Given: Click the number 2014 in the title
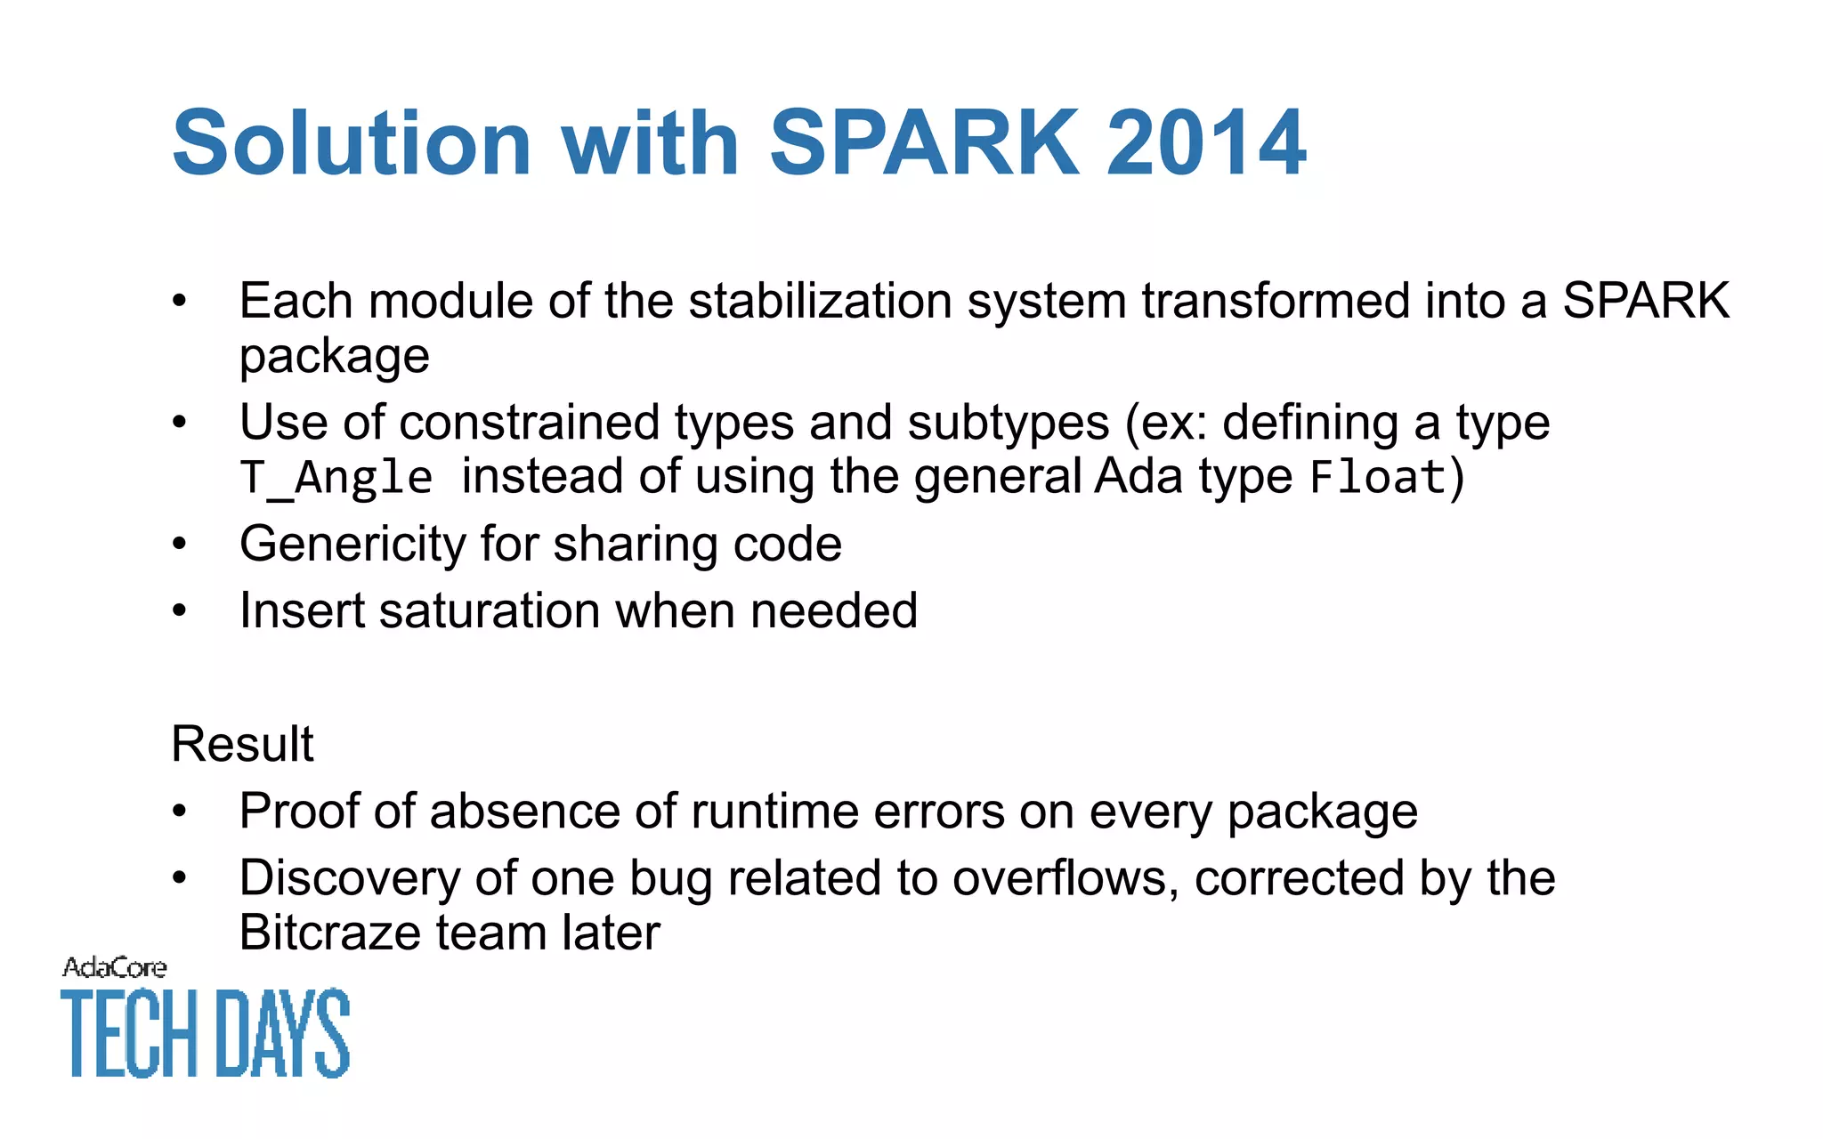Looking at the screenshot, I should (x=1205, y=143).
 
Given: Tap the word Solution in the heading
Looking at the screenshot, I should (x=352, y=143).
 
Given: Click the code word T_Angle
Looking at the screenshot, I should (x=336, y=478).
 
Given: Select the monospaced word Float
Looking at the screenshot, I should (x=1378, y=478).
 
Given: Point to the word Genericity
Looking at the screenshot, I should (x=352, y=544).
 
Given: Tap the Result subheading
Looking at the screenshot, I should (x=242, y=744).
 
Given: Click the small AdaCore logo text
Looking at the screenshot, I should (x=114, y=967).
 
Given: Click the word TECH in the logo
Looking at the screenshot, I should (x=129, y=1033).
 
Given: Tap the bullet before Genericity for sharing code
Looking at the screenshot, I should (x=180, y=544).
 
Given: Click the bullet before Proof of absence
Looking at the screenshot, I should (x=180, y=812).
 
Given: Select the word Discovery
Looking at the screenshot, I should (x=349, y=878).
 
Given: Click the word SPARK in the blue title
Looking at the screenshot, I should (x=924, y=143).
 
